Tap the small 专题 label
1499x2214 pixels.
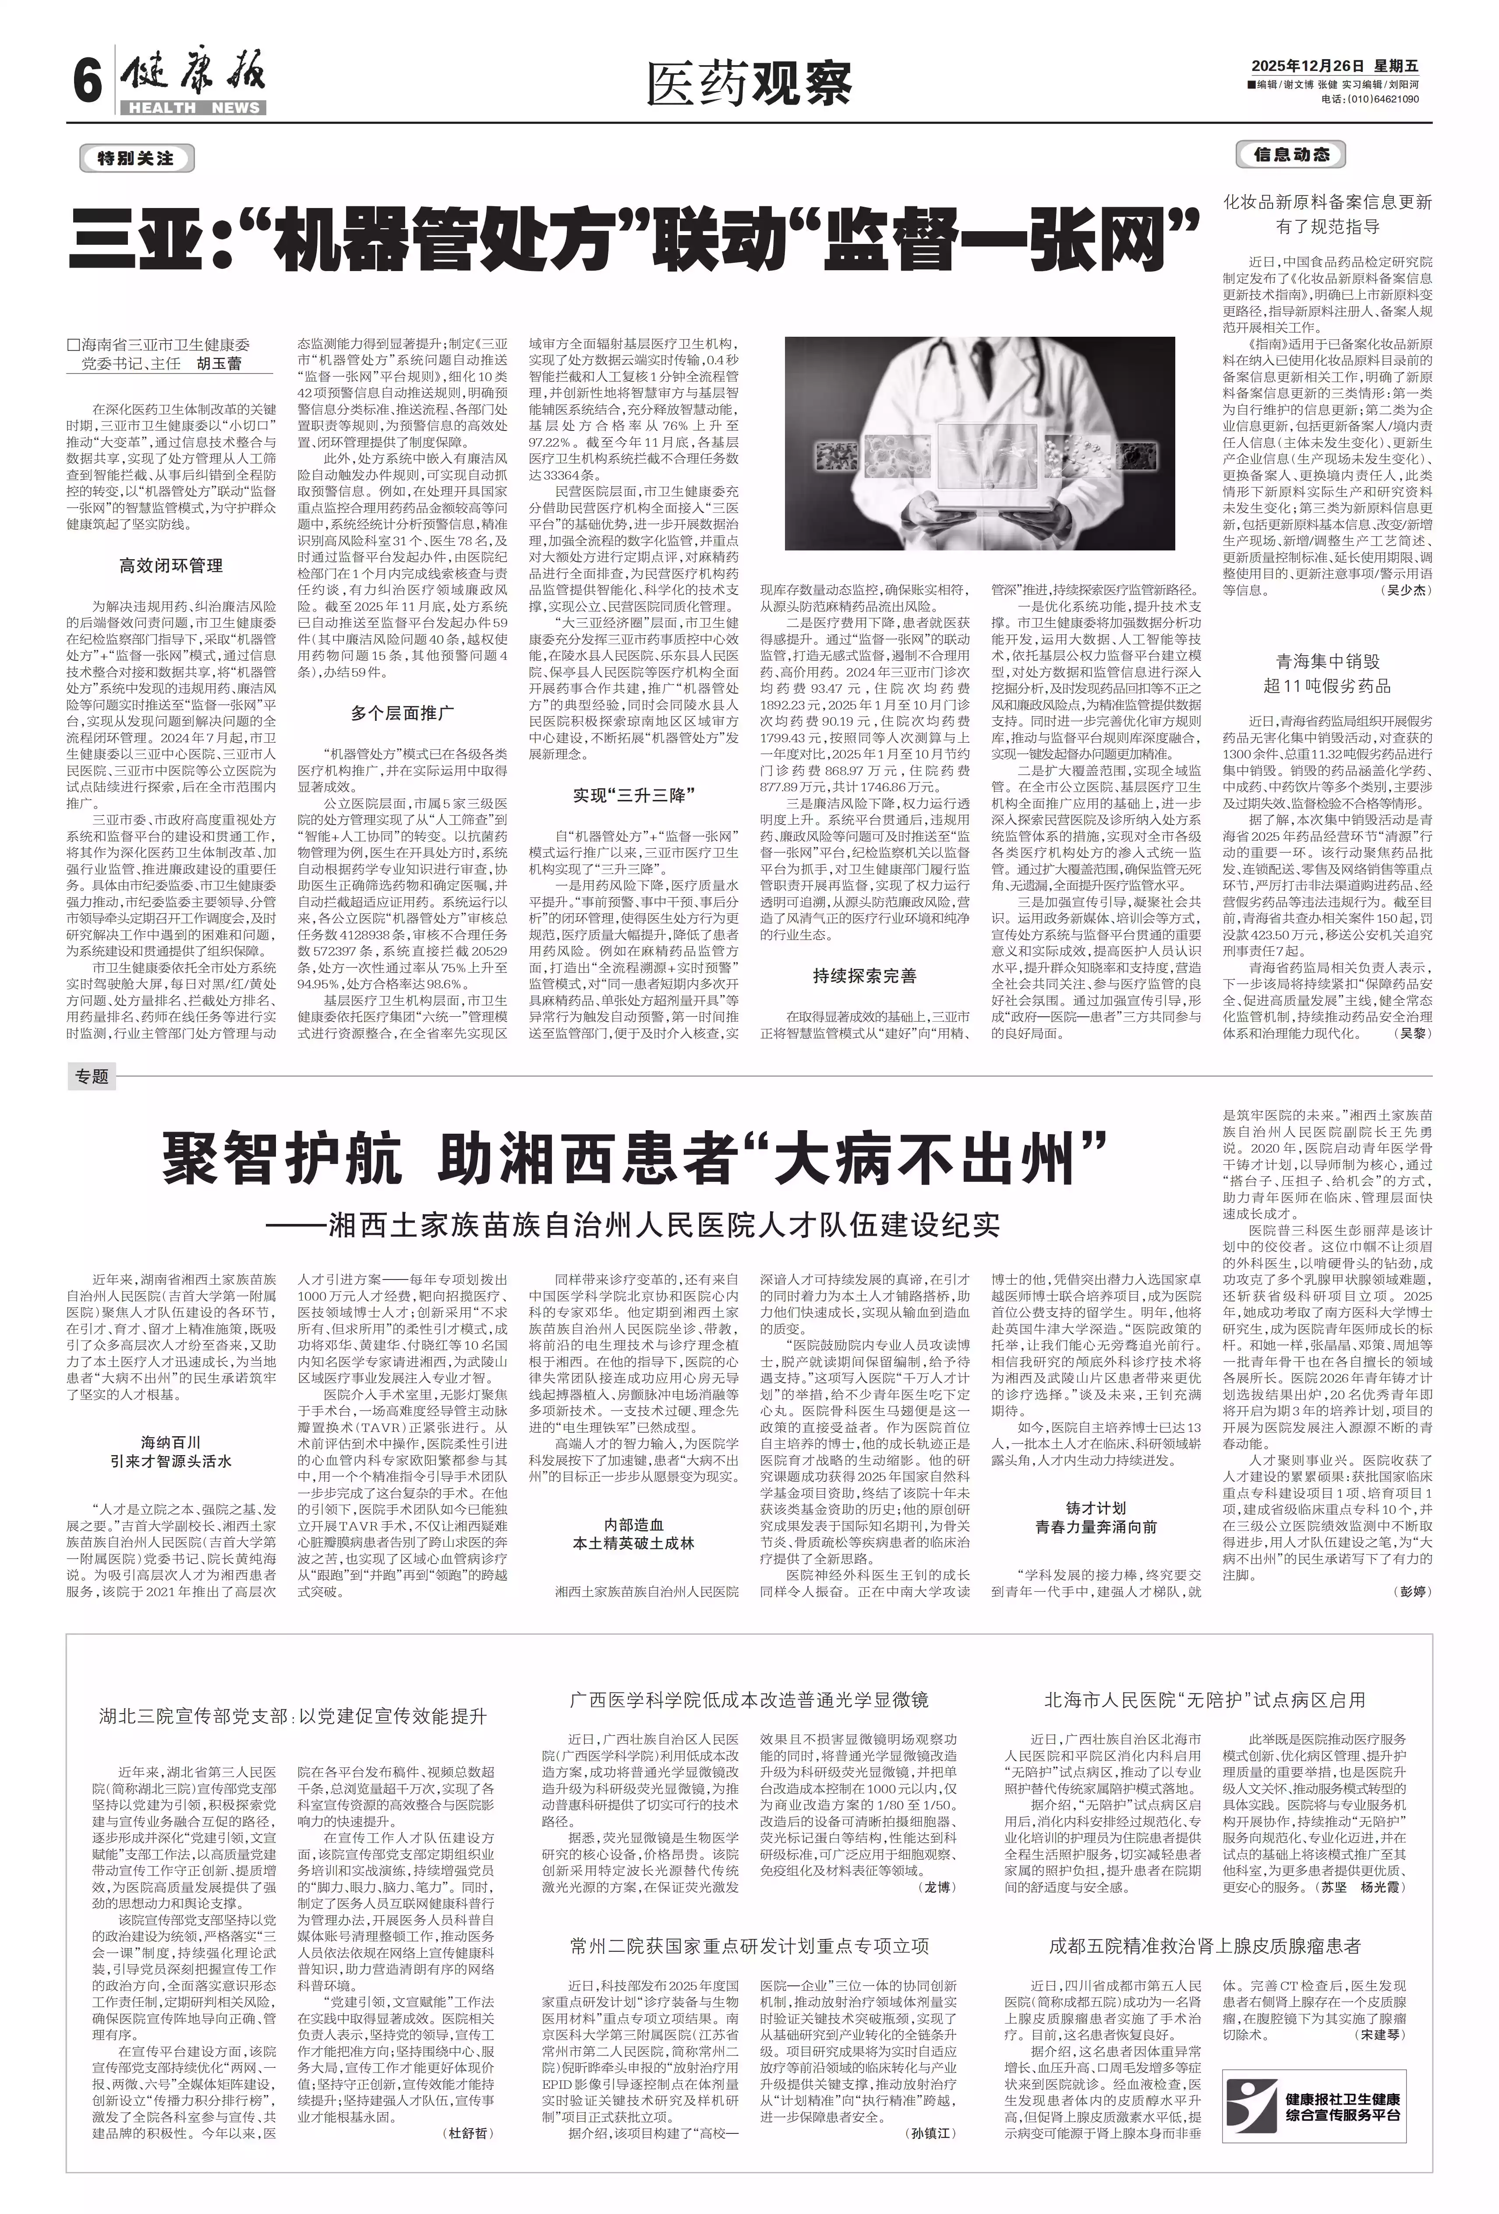pos(92,1076)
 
